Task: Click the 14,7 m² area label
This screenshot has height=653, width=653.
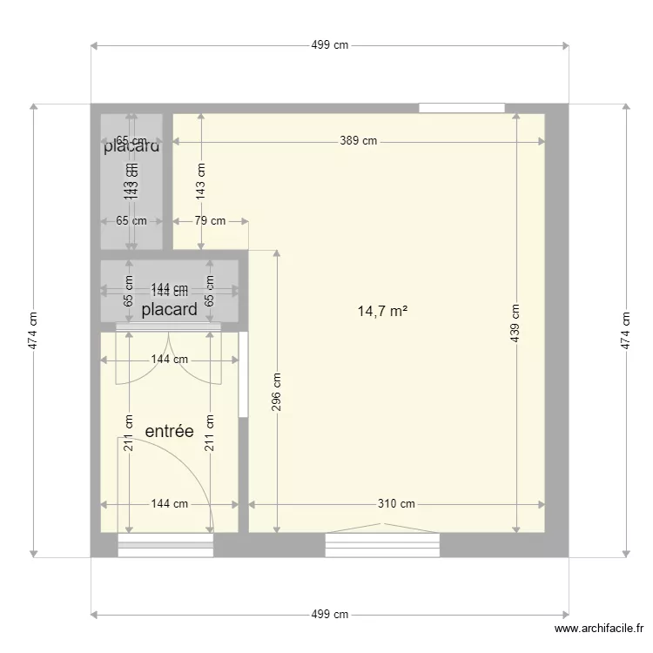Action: point(383,310)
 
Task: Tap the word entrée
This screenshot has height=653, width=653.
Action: point(169,431)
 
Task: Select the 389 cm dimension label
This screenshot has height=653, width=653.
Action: point(359,141)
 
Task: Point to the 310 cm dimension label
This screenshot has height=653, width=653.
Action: point(396,503)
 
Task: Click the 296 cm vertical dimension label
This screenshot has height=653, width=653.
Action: point(277,392)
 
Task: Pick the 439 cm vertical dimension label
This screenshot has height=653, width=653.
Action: point(515,322)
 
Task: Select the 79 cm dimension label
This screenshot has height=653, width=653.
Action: point(209,221)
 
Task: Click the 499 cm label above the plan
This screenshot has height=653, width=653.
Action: point(329,45)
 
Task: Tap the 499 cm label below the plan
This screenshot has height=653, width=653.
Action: point(329,614)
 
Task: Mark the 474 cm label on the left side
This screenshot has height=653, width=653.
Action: point(33,329)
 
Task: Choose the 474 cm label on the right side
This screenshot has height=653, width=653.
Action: point(625,329)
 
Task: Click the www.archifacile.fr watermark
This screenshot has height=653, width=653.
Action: point(599,629)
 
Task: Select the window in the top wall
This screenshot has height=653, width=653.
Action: point(461,108)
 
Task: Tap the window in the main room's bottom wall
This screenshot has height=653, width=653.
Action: point(382,545)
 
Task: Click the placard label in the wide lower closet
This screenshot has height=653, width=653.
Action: point(169,309)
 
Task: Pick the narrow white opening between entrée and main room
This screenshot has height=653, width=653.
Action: point(244,374)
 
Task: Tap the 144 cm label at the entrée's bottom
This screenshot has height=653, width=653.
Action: point(169,503)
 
